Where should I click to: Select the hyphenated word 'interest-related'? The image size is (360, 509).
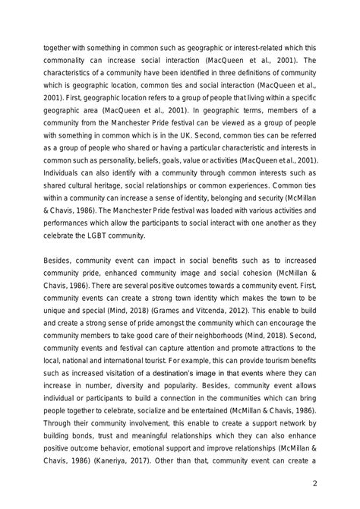[239, 45]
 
